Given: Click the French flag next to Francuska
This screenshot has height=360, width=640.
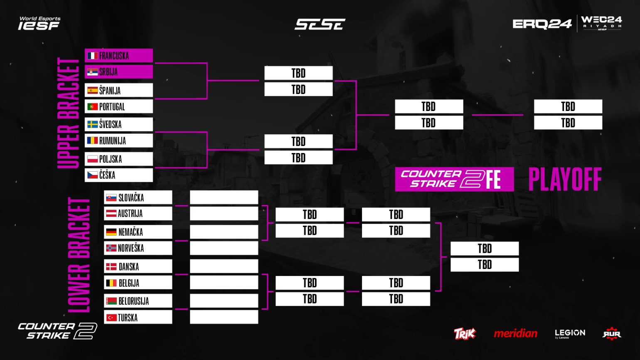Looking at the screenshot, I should click(93, 56).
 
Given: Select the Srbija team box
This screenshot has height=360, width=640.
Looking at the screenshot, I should click(119, 72).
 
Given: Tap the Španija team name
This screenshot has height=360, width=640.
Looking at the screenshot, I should click(110, 91).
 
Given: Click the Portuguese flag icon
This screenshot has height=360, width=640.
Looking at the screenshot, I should click(92, 107).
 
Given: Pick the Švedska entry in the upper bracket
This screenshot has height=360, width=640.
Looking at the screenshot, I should click(119, 124).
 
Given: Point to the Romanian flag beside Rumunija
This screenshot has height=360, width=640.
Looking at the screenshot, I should click(92, 141).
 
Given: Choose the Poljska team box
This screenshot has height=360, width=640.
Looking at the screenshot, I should click(119, 159).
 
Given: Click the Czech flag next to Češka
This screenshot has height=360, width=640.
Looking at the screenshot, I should click(92, 175).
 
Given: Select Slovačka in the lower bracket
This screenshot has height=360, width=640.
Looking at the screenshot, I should click(138, 197).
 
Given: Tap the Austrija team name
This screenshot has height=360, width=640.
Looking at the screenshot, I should click(130, 214).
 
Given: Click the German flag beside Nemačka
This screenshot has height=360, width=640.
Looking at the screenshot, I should click(111, 232).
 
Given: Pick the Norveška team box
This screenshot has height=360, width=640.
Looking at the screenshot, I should click(138, 248).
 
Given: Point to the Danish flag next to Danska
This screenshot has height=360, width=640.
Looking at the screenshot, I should click(111, 267).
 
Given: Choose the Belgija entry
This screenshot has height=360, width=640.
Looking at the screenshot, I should click(138, 283).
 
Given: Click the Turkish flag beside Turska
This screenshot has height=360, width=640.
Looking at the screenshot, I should click(111, 318).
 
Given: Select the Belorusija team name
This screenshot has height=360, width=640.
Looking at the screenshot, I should click(133, 301).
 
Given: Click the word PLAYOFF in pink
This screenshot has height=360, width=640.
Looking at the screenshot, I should click(565, 180).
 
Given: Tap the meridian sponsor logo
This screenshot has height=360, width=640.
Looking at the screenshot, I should click(515, 333).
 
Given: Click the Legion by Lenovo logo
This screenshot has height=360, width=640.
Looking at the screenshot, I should click(570, 333).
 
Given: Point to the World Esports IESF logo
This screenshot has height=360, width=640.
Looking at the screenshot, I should click(39, 23).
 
